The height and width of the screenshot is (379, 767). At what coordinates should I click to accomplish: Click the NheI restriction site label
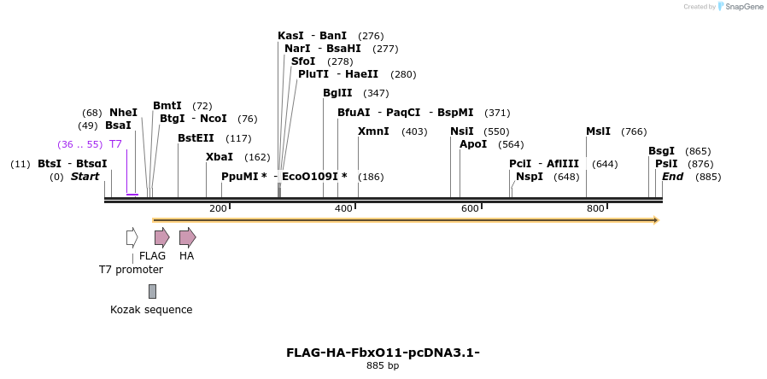[x=123, y=113]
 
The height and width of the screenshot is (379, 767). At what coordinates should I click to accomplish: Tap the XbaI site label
[x=220, y=157]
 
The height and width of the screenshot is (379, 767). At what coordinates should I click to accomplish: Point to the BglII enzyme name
[x=337, y=93]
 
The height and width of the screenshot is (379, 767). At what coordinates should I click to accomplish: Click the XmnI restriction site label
[x=373, y=131]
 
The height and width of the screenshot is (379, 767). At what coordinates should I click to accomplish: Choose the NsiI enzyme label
[x=462, y=131]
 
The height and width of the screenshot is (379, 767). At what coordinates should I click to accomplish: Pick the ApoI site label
[x=473, y=144]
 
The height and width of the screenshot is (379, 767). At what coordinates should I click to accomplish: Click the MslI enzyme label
[x=598, y=131]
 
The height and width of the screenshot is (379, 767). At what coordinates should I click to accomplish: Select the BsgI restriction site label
[x=661, y=151]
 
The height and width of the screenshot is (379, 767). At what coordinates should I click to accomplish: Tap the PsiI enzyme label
[x=666, y=164]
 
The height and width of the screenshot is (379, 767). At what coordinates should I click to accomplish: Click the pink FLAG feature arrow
[x=161, y=237]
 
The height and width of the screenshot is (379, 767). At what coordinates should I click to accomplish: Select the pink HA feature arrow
[x=187, y=237]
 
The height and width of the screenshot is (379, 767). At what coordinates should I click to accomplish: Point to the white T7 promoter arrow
[x=132, y=237]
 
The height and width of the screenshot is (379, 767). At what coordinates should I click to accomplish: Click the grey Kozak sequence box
[x=152, y=291]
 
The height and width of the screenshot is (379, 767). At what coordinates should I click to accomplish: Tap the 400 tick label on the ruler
[x=343, y=209]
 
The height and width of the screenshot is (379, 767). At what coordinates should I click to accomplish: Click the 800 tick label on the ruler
[x=595, y=209]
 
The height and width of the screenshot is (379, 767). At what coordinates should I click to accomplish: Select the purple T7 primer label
[x=115, y=144]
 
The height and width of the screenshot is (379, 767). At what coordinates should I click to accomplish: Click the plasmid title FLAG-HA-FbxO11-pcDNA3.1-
[x=383, y=352]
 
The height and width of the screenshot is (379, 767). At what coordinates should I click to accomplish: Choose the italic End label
[x=673, y=177]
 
